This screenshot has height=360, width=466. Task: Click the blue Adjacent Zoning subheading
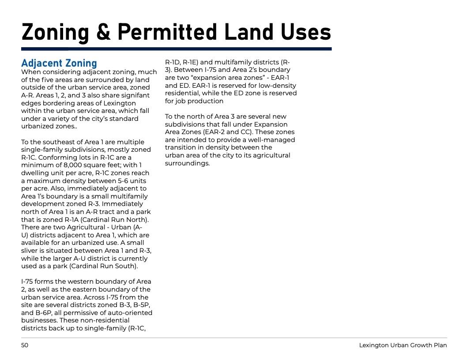(x=59, y=63)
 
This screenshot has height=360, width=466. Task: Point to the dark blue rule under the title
(x=177, y=49)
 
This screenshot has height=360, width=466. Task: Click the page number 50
(x=25, y=345)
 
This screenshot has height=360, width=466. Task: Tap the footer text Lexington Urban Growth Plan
(x=403, y=345)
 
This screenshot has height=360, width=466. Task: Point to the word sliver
(x=31, y=251)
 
